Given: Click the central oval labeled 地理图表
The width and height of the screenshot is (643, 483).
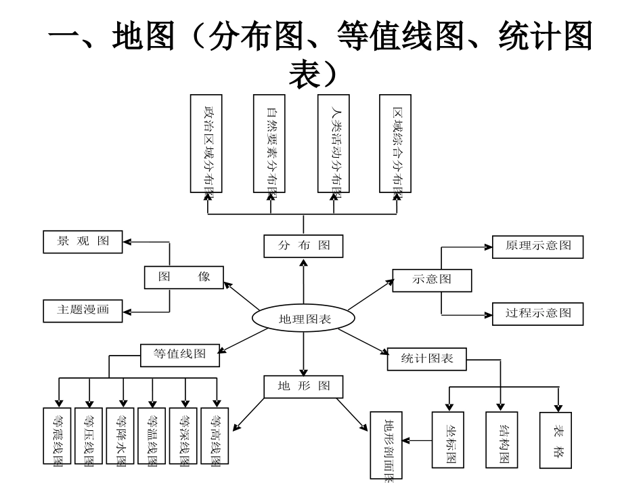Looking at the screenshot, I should [x=303, y=318].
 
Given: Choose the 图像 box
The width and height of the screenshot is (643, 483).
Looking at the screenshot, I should [x=184, y=277].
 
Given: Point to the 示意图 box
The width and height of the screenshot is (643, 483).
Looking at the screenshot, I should [x=432, y=279].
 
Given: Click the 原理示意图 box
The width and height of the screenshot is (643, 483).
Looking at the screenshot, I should [x=537, y=246].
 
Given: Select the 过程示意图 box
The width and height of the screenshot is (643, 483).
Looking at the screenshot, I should [x=537, y=313].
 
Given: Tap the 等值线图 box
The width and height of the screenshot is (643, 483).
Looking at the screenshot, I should [x=180, y=354].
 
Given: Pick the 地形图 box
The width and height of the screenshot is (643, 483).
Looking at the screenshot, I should [x=303, y=386].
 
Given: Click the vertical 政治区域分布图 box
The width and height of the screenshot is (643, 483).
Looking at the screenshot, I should [x=207, y=144].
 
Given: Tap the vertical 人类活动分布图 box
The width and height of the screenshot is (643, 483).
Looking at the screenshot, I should [x=336, y=144].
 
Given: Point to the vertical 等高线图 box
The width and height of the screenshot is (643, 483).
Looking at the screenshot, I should [x=217, y=436].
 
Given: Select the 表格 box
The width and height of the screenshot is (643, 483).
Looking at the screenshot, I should [x=556, y=440].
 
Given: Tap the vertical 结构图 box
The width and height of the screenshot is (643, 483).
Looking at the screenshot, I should [x=502, y=440].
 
